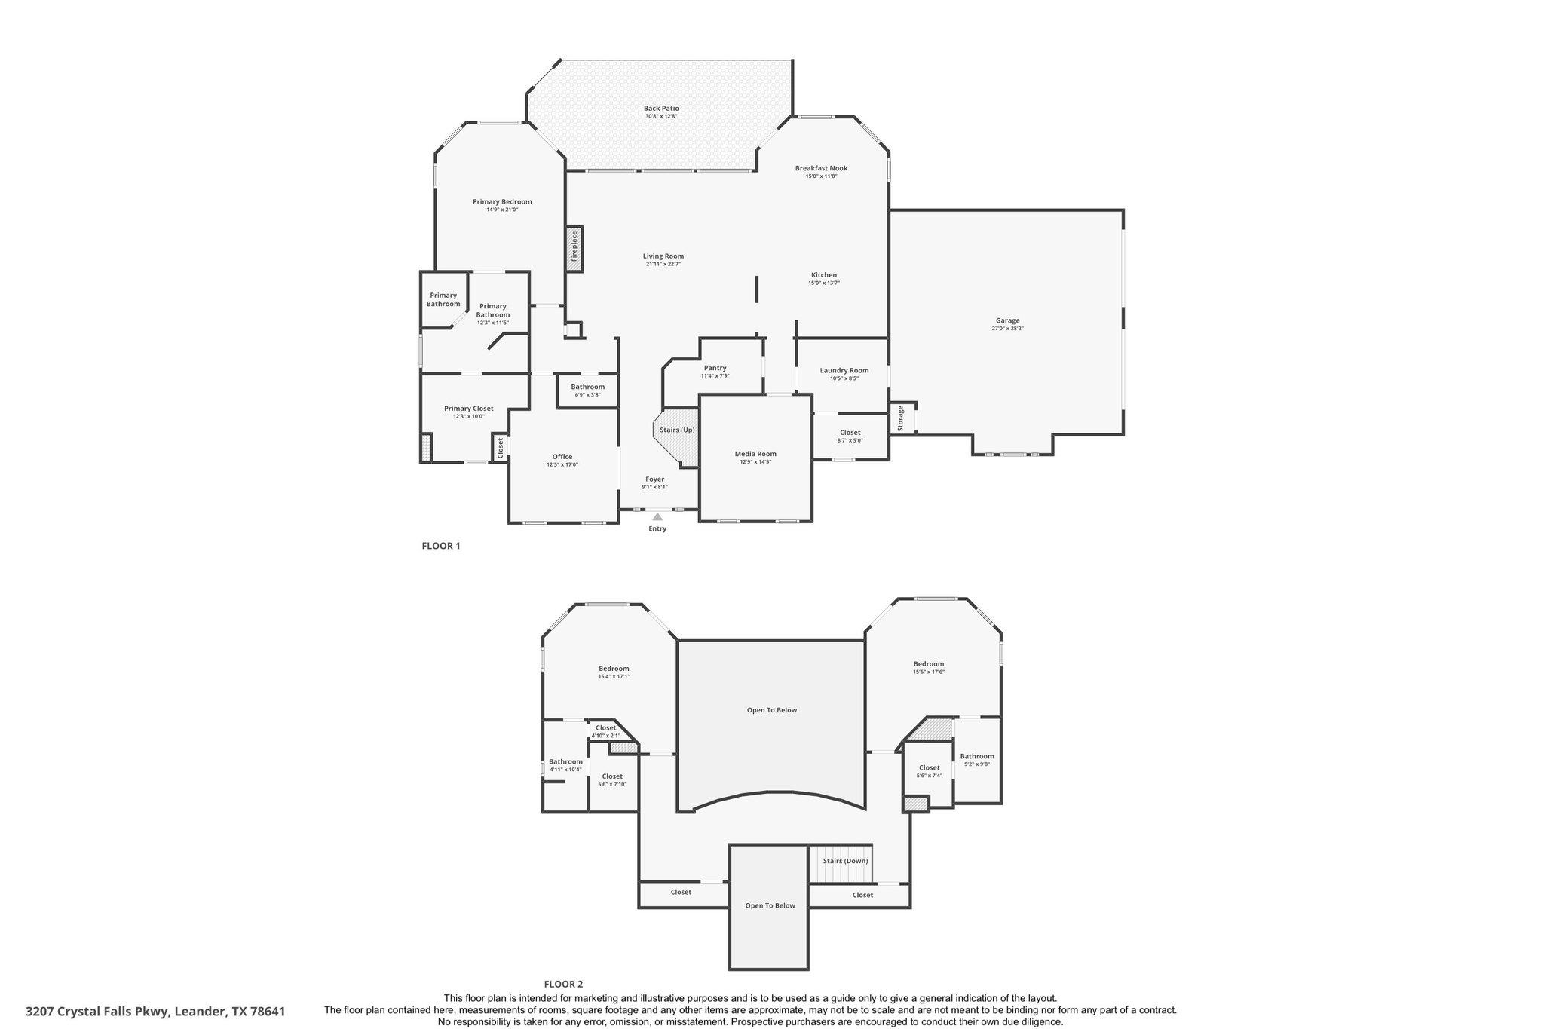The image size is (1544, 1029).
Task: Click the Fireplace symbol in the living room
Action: click(574, 247)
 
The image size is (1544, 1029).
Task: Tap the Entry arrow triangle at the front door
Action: click(657, 517)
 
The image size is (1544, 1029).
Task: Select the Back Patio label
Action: click(661, 109)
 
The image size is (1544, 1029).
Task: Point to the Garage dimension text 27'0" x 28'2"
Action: click(1007, 329)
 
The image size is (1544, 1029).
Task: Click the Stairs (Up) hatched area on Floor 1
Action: click(677, 437)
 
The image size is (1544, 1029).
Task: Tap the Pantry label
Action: click(715, 368)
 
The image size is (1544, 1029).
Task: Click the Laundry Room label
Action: click(844, 370)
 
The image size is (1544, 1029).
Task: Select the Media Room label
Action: click(755, 454)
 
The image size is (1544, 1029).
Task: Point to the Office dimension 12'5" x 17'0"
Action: click(562, 465)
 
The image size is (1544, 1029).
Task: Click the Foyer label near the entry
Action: click(654, 479)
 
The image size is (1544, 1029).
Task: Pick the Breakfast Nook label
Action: click(821, 168)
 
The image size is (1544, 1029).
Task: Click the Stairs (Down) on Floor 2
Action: click(844, 861)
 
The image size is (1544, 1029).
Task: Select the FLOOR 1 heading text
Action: click(440, 547)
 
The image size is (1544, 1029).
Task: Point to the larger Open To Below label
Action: click(771, 710)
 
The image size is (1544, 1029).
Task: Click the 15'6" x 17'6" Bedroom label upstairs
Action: click(928, 664)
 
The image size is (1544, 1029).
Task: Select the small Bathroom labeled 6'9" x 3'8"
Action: click(587, 387)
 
